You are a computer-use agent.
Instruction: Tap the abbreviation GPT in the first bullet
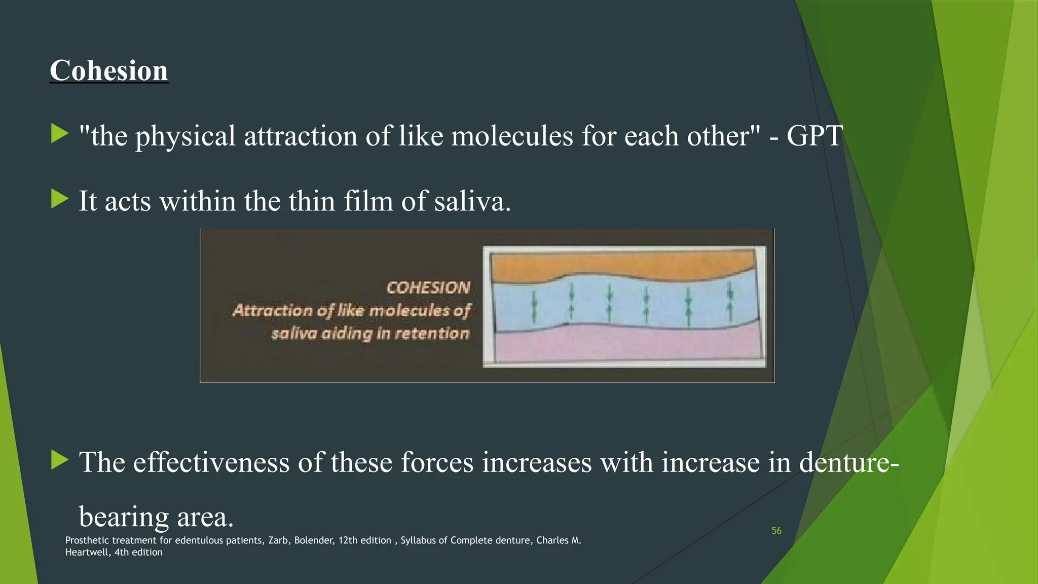814,136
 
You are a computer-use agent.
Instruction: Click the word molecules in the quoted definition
512,136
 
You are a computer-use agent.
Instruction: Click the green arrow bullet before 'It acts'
60,199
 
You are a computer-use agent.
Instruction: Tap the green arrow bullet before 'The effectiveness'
60,460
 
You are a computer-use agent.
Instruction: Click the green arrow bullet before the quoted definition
60,134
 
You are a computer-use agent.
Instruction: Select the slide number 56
776,531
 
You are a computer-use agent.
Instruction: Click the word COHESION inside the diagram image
428,287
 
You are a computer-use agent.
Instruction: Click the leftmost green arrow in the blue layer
534,307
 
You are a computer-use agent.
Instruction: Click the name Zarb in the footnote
278,540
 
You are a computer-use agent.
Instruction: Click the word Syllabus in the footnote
418,540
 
